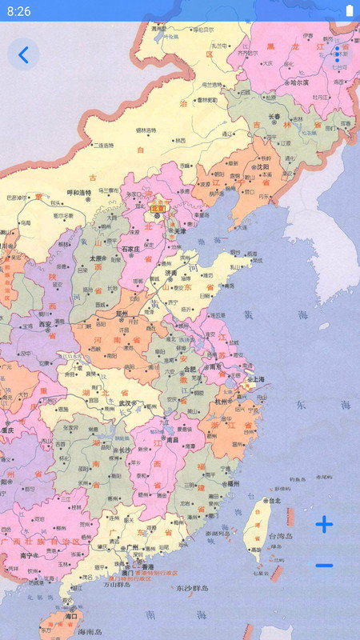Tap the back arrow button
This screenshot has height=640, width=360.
tap(23, 54)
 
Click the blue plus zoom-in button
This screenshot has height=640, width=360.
tap(324, 525)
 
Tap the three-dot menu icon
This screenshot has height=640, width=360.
tap(337, 54)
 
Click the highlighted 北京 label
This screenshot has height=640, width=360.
tap(158, 209)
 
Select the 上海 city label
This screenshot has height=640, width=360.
tap(258, 380)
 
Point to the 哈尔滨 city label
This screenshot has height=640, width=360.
tap(299, 82)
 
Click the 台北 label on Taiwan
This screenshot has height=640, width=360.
tap(274, 501)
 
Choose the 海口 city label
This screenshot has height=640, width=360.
tap(71, 616)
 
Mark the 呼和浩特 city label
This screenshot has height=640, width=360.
tap(78, 192)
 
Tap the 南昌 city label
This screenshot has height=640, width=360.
tap(172, 439)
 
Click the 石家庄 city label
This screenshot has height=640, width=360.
tap(130, 249)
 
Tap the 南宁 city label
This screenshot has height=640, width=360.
tap(30, 555)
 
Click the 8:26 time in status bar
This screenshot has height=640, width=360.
tap(18, 11)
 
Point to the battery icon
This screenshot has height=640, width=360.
tap(349, 10)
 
